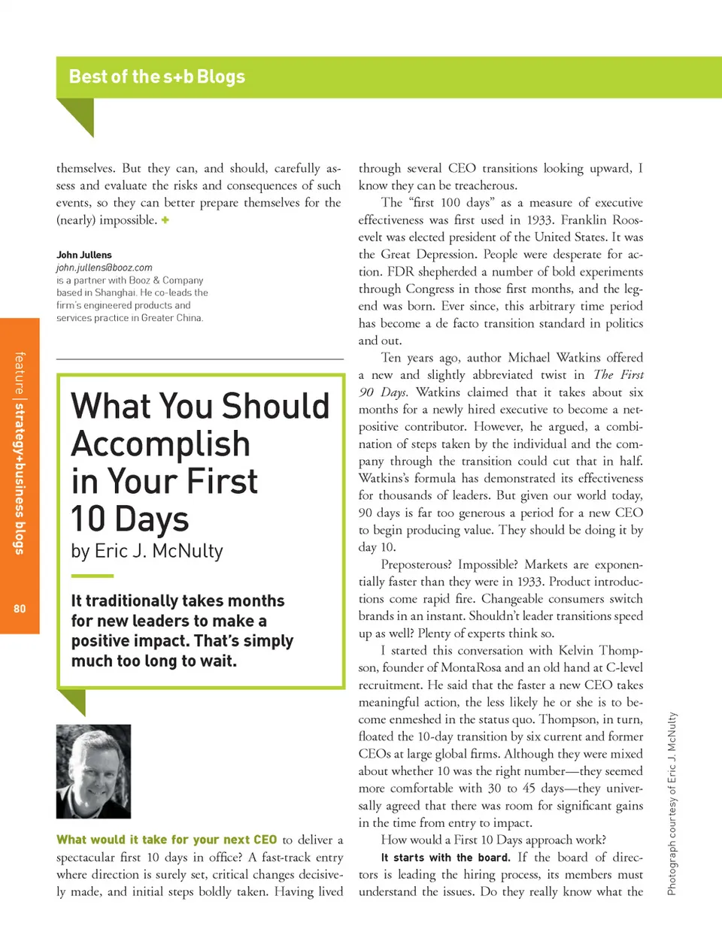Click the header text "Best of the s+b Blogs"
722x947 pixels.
[156, 77]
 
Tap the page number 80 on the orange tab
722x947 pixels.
[20, 609]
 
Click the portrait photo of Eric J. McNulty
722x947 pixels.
[93, 771]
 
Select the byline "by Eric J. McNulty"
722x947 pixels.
[147, 551]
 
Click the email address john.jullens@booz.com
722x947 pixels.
[104, 268]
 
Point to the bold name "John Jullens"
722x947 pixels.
[83, 255]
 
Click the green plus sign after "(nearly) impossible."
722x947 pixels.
[165, 220]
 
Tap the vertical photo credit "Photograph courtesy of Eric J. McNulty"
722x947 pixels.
[672, 803]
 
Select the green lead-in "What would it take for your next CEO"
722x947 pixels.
[166, 840]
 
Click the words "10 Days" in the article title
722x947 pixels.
[129, 519]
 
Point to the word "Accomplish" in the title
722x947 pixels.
[160, 443]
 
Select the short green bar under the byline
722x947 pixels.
[92, 576]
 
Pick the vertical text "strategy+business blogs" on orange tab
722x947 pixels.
[20, 478]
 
